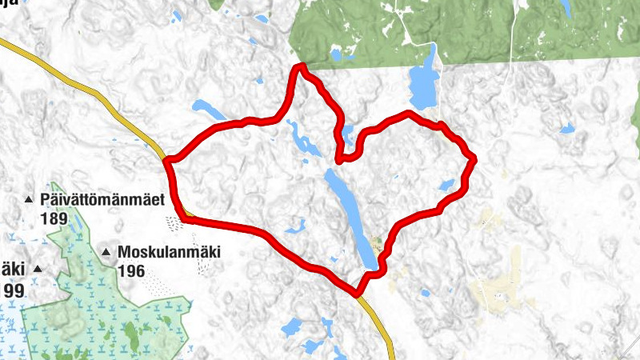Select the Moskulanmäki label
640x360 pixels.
(x=168, y=253)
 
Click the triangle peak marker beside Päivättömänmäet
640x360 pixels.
(x=29, y=198)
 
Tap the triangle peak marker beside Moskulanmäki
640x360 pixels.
(x=106, y=253)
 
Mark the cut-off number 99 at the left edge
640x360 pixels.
(x=14, y=290)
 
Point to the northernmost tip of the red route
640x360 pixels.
(x=300, y=66)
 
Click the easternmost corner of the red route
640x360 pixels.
(x=474, y=158)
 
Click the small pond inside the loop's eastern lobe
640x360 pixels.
(x=446, y=185)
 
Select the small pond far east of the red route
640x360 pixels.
(x=567, y=128)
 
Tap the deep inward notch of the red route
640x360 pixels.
(x=341, y=158)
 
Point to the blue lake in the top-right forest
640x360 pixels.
(x=566, y=8)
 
